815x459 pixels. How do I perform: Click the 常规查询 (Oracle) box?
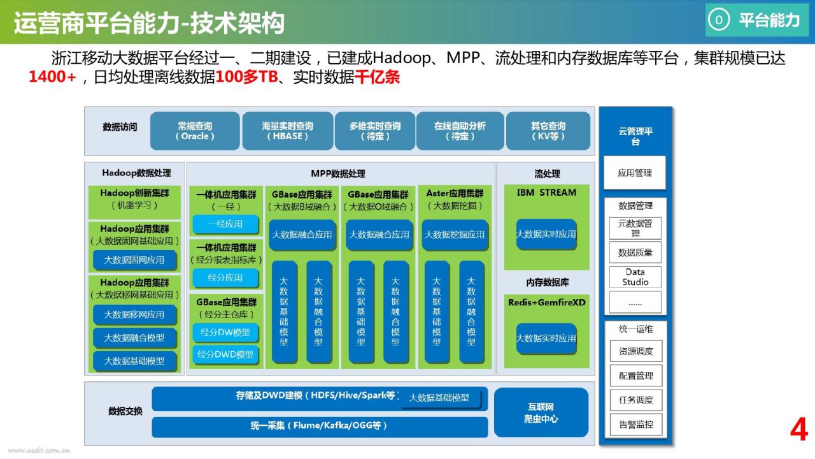click(195, 131)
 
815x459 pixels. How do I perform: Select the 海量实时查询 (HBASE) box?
click(287, 131)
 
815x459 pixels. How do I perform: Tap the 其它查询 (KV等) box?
click(548, 131)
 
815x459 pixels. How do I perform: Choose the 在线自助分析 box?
click(460, 131)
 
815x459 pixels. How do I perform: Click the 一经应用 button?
click(225, 224)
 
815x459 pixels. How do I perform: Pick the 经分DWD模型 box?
click(225, 354)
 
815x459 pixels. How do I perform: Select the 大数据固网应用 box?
click(134, 260)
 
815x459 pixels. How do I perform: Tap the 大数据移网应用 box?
click(134, 314)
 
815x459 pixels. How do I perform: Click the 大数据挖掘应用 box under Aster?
click(454, 235)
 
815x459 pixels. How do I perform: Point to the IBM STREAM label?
click(546, 193)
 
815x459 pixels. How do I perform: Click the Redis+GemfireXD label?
click(546, 302)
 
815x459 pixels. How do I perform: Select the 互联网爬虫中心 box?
click(541, 413)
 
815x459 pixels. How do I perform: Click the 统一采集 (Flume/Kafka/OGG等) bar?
click(319, 426)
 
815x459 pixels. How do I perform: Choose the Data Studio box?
click(635, 277)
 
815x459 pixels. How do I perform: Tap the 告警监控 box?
click(635, 425)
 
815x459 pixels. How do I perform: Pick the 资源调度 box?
click(635, 351)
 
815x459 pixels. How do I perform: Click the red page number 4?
click(798, 430)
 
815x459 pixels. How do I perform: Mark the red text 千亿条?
click(377, 78)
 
